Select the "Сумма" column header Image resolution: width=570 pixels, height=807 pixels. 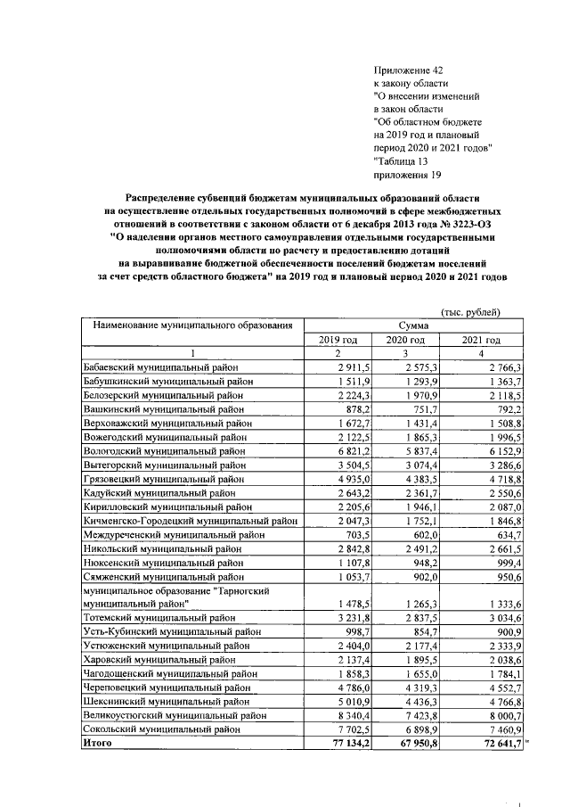(x=415, y=326)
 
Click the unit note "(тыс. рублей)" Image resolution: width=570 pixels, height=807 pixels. (x=470, y=311)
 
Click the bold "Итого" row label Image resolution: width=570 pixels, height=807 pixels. (x=97, y=742)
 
